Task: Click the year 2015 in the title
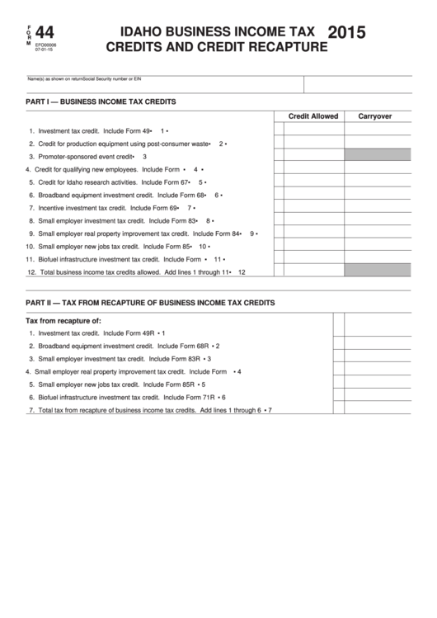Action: (347, 32)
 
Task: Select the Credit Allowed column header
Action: (312, 116)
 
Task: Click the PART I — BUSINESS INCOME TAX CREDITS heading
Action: (101, 101)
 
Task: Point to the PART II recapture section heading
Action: (150, 303)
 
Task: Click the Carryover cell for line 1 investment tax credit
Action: (377, 130)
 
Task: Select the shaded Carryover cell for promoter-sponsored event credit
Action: (377, 154)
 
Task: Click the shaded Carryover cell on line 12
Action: (377, 270)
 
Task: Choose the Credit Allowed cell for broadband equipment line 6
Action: (313, 195)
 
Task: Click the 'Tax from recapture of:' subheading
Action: (63, 320)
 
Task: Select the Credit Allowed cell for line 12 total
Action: (313, 270)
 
